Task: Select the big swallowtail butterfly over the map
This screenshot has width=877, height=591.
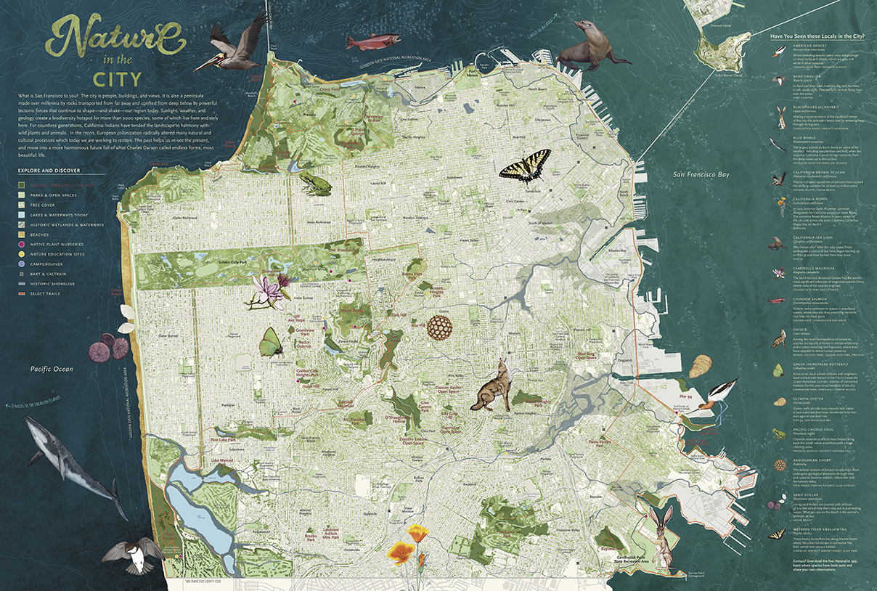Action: coord(525,165)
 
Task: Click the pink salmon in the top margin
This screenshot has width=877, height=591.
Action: coord(370,41)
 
